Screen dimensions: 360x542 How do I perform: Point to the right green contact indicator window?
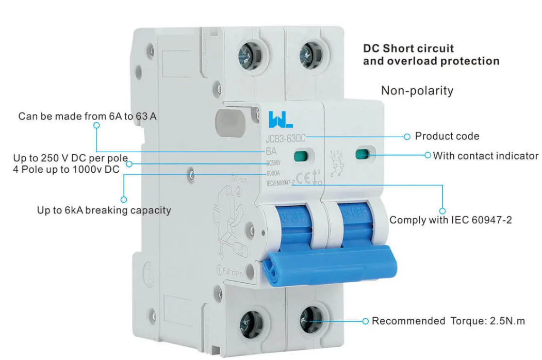tap(362, 154)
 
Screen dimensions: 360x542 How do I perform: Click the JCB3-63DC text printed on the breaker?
tap(286, 139)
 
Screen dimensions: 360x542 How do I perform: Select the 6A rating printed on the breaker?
tap(271, 152)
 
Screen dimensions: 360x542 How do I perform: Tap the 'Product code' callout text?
tap(447, 137)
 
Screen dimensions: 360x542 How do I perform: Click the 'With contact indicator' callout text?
tap(485, 156)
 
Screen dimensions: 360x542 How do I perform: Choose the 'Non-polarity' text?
tap(417, 91)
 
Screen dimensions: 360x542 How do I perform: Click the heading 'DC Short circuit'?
tap(408, 48)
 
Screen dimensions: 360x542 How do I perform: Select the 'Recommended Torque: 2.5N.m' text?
tap(448, 321)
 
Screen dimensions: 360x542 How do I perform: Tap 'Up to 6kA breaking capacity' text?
tap(104, 210)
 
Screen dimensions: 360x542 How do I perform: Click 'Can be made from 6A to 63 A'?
tap(87, 116)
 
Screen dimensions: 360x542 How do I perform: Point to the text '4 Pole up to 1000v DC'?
tap(66, 169)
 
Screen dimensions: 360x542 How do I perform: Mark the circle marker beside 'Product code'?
tap(406, 137)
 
